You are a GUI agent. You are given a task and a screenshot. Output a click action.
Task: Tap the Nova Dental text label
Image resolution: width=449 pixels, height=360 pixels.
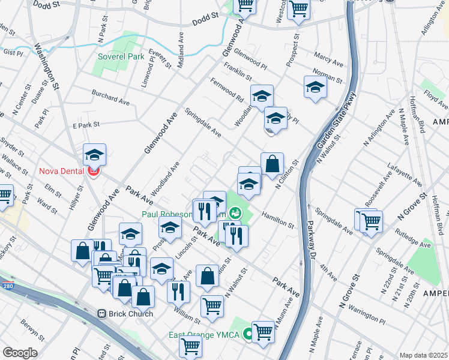click(62, 171)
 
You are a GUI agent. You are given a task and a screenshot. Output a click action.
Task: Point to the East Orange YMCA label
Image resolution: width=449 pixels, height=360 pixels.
click(206, 335)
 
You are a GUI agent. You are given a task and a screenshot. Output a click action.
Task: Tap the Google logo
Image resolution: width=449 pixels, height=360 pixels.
click(20, 352)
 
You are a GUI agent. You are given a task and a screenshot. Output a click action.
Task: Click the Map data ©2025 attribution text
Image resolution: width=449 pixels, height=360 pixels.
click(423, 355)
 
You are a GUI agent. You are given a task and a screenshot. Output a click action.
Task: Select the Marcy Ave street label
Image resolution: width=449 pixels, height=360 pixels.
click(328, 62)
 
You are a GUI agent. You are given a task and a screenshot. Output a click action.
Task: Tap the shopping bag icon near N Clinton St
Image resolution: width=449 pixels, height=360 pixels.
click(272, 163)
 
